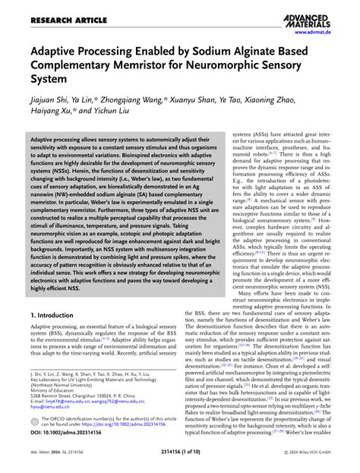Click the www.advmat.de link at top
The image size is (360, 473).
coord(328,31)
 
